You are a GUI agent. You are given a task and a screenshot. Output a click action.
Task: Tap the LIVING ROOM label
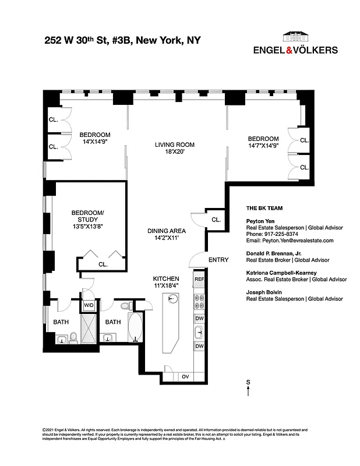pyautogui.click(x=174, y=149)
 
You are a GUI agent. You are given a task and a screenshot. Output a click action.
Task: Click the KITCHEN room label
pyautogui.click(x=165, y=282)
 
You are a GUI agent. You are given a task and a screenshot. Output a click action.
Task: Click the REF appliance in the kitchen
pyautogui.click(x=199, y=280)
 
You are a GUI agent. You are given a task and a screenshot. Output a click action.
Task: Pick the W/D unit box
pyautogui.click(x=90, y=305)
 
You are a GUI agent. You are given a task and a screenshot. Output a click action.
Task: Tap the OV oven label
pyautogui.click(x=186, y=376)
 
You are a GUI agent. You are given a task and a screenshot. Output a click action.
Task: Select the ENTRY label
pyautogui.click(x=218, y=260)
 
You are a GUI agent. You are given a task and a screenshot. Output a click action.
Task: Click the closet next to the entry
pyautogui.click(x=215, y=220)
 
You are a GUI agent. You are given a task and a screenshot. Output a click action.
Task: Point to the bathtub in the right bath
pyautogui.click(x=135, y=329)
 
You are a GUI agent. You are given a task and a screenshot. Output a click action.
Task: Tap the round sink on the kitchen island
pyautogui.click(x=172, y=299)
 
